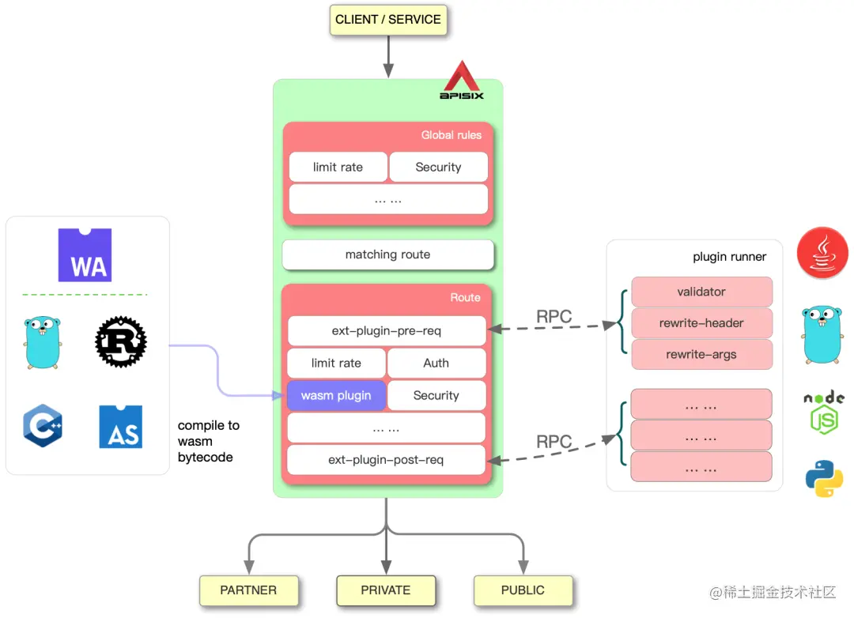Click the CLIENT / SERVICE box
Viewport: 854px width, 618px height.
pyautogui.click(x=388, y=20)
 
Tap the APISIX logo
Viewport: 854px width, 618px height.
pyautogui.click(x=462, y=81)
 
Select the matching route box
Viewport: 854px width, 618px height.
pyautogui.click(x=387, y=254)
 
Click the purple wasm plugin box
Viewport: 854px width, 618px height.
pyautogui.click(x=336, y=395)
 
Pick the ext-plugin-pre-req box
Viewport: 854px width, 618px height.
pyautogui.click(x=387, y=331)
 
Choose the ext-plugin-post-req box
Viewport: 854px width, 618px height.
pyautogui.click(x=386, y=460)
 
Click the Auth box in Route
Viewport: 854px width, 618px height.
pyautogui.click(x=436, y=363)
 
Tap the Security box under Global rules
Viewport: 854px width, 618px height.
pyautogui.click(x=438, y=167)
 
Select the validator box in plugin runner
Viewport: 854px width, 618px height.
pyautogui.click(x=701, y=292)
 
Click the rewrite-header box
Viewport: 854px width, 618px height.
pyautogui.click(x=701, y=322)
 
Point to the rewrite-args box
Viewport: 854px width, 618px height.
pyautogui.click(x=701, y=354)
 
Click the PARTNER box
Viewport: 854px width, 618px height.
pyautogui.click(x=248, y=590)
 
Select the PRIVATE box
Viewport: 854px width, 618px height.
pyautogui.click(x=386, y=590)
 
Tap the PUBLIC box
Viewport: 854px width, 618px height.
pyautogui.click(x=523, y=590)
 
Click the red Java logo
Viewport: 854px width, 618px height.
pyautogui.click(x=822, y=253)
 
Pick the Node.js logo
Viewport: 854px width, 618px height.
pyautogui.click(x=824, y=412)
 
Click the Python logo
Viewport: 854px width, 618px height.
pyautogui.click(x=824, y=477)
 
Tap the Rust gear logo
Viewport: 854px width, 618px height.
pyautogui.click(x=121, y=341)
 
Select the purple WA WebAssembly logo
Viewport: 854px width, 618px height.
pyautogui.click(x=85, y=255)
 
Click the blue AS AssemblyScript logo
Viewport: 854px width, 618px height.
pyautogui.click(x=121, y=427)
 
